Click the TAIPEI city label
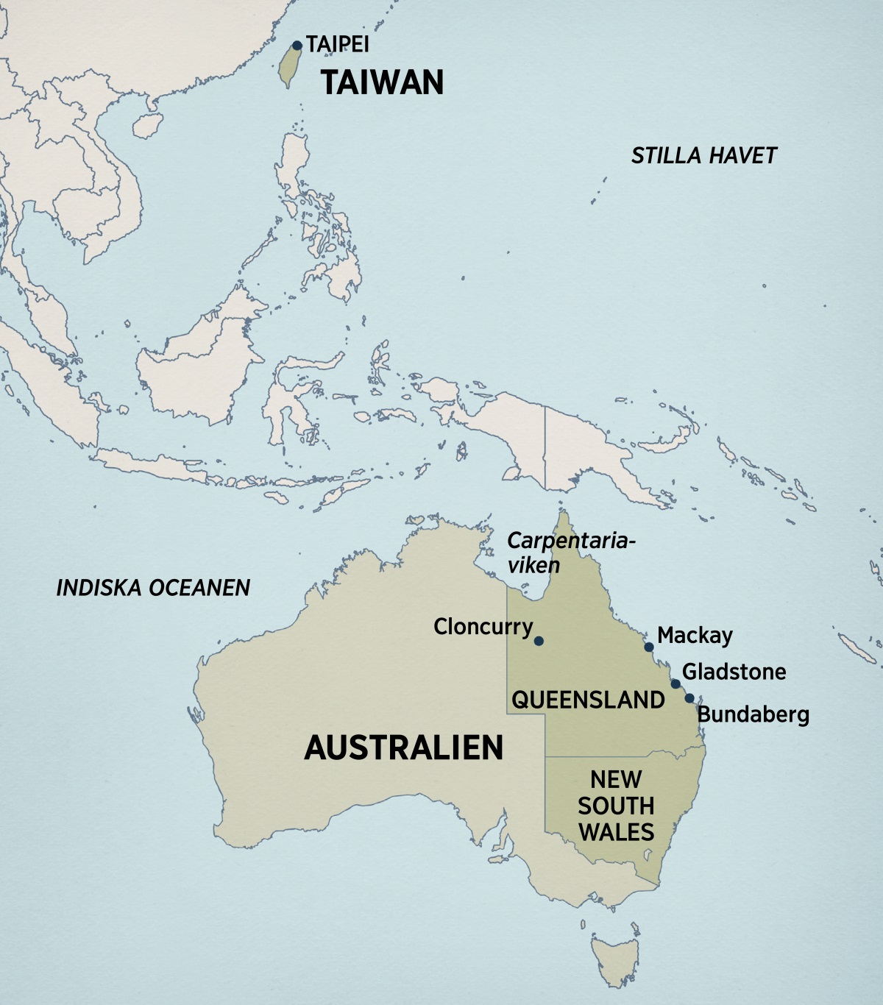tap(337, 44)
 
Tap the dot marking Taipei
tap(297, 46)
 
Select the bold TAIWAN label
tap(382, 82)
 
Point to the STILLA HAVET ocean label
tap(703, 155)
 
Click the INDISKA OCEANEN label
tap(153, 587)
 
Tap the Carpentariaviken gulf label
tap(570, 553)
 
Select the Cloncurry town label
tap(483, 627)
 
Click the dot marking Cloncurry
tap(539, 641)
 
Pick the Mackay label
tap(695, 635)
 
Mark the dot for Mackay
tap(649, 647)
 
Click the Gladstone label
tap(734, 671)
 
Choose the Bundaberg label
tap(753, 714)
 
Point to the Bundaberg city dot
tap(689, 698)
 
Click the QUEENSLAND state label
tap(588, 700)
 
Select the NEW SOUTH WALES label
tap(616, 806)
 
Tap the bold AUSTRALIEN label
tap(404, 747)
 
